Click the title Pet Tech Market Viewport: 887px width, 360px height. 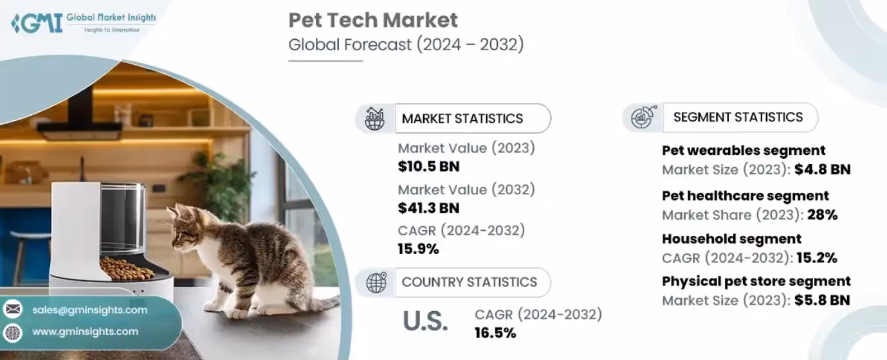(373, 20)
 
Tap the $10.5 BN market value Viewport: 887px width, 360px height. (429, 166)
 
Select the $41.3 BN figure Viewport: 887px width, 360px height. (429, 208)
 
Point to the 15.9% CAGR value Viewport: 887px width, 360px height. (419, 249)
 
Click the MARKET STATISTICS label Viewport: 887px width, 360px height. (462, 118)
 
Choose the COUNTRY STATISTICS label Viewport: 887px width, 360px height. (470, 282)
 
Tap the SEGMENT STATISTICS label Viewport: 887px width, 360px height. (738, 117)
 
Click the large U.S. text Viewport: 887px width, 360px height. (426, 321)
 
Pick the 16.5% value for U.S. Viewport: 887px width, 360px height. (495, 333)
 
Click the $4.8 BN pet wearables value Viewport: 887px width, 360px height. (823, 170)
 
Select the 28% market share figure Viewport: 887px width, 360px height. (823, 215)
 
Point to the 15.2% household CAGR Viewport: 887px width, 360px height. (817, 258)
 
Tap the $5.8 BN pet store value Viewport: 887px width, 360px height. (822, 300)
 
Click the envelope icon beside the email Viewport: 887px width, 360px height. (13, 309)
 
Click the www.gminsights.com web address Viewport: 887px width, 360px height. (86, 332)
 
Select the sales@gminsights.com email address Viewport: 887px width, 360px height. (90, 310)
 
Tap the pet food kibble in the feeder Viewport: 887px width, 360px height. (126, 269)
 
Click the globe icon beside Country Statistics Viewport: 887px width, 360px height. (376, 282)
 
